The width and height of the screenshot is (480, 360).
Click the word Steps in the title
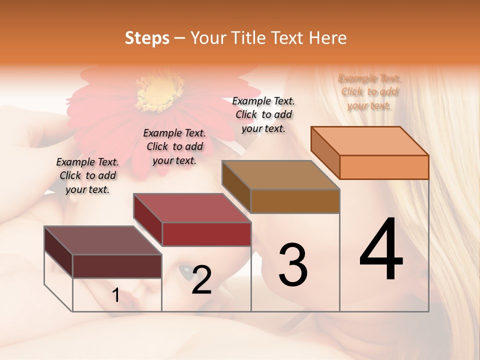(x=147, y=38)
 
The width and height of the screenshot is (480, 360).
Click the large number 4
(x=381, y=250)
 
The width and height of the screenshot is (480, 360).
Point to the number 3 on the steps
(x=293, y=265)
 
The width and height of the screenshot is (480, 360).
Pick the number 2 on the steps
(x=201, y=280)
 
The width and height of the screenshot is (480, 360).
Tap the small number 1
(x=116, y=295)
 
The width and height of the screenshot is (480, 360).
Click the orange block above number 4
(x=370, y=152)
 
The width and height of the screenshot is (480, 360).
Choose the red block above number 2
(x=192, y=220)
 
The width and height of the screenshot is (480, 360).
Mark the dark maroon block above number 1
(x=103, y=252)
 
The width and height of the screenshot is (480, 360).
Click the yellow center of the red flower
(x=152, y=92)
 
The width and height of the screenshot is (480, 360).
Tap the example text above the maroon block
(x=87, y=175)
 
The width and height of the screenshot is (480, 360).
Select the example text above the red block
(x=174, y=146)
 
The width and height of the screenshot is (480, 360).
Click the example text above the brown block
(x=263, y=114)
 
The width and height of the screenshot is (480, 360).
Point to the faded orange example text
(x=369, y=91)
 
